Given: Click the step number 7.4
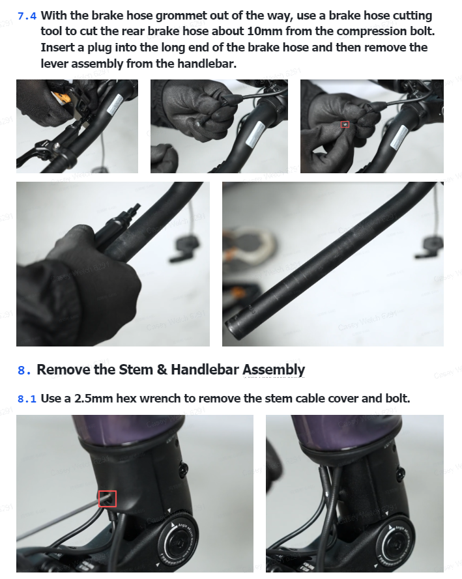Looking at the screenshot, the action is pos(27,16).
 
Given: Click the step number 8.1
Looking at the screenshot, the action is pos(27,399).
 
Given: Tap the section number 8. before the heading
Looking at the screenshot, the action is pos(24,370).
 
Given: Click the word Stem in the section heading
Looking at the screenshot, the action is pos(136,370).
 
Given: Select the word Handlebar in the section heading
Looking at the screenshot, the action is pos(205,370).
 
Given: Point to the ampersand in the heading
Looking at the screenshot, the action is pos(162,370).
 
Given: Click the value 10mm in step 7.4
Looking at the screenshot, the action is pos(265,31).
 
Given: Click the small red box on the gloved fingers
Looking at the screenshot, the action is pos(345,124).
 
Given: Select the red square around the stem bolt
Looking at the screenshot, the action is pos(108,499).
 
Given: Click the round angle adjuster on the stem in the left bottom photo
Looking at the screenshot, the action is pos(178,542).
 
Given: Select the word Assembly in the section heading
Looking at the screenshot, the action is pos(274,371).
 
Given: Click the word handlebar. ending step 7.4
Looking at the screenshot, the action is pos(207,64).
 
